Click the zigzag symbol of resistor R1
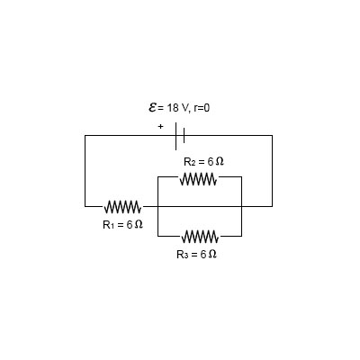[122, 206]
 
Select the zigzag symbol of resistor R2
[199, 178]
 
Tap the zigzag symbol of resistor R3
[199, 237]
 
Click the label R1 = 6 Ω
[122, 223]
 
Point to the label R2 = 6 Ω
[203, 161]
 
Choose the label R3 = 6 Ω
[197, 255]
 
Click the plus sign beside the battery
[161, 127]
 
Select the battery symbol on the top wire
[181, 135]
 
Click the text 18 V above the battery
[177, 109]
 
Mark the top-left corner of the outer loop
[85, 135]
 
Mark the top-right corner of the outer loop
[272, 135]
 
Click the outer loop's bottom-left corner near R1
[85, 206]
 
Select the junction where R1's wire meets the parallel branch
[157, 206]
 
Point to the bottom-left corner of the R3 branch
[157, 237]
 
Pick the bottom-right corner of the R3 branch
[241, 237]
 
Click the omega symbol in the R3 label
[213, 255]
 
